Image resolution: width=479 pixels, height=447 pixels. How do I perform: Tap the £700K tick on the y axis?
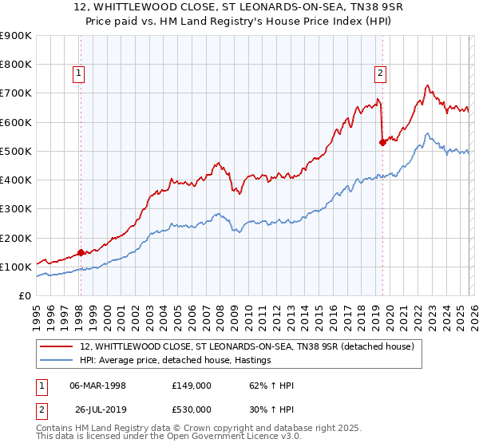point(16,93)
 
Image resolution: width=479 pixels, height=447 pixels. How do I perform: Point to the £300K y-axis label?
point(16,209)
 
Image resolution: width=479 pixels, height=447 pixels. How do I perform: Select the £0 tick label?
point(24,296)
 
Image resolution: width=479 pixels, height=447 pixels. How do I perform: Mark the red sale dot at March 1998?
point(81,252)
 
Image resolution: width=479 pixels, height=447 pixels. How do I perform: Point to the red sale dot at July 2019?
point(382,142)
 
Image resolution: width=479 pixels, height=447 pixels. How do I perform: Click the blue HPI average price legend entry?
point(176,361)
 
